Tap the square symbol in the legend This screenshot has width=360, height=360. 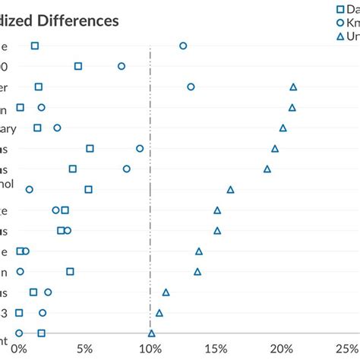(320, 9)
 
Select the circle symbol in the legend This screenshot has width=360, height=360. (320, 23)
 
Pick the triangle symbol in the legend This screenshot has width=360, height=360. (320, 36)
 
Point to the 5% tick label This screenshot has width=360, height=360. (85, 349)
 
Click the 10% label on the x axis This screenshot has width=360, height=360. (151, 349)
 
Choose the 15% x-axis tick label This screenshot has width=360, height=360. (217, 349)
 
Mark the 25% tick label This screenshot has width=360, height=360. (346, 349)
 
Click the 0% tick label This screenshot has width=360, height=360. (21, 349)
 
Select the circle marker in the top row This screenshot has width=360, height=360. (183, 46)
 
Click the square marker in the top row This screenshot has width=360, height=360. (35, 46)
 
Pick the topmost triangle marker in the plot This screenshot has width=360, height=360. (293, 87)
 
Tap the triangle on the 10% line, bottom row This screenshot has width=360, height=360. (152, 333)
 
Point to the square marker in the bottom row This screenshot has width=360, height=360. (41, 333)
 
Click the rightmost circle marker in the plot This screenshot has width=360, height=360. (191, 87)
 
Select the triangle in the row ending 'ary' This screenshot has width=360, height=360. (283, 128)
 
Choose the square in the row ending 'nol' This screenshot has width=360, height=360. (88, 189)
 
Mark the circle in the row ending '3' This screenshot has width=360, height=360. (43, 312)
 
